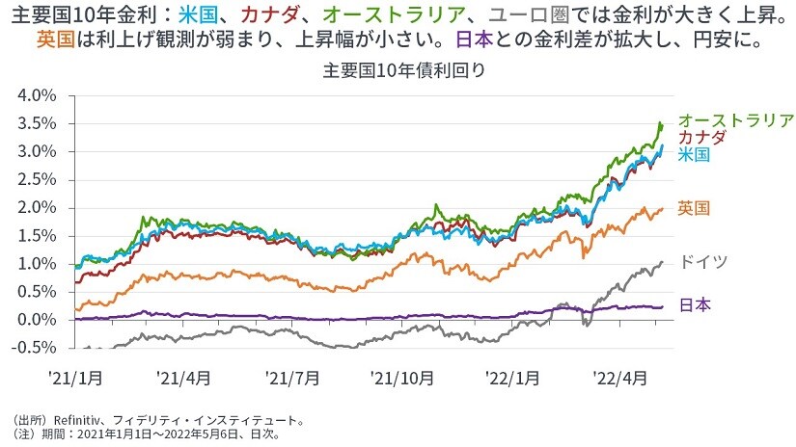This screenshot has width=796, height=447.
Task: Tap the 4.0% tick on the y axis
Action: pos(39,95)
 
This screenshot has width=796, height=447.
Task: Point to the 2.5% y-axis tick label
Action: pos(39,180)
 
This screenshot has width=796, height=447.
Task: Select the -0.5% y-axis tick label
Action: pos(37,348)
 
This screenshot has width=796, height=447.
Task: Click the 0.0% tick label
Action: pos(39,320)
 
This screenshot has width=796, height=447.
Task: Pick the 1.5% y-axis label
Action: pos(39,236)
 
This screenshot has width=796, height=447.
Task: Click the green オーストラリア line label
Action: pos(735,120)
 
